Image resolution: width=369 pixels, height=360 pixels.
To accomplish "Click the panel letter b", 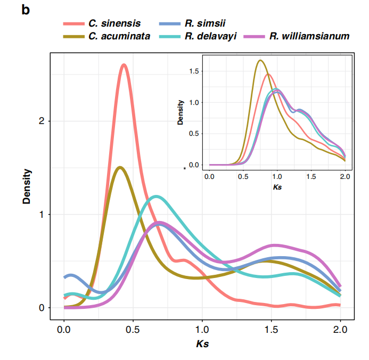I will point(26,9).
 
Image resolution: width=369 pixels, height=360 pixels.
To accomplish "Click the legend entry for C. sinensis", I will point(114,23).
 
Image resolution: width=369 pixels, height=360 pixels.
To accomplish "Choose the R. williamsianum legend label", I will point(309,36).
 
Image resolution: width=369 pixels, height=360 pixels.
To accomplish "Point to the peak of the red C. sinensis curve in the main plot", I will point(124,65).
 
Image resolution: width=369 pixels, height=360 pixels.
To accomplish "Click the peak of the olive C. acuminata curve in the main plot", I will point(120,167).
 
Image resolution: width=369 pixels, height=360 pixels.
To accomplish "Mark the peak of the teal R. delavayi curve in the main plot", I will point(155,197).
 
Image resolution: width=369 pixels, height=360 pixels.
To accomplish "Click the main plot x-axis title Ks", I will point(202,344).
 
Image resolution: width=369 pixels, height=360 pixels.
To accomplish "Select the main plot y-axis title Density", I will point(27,186).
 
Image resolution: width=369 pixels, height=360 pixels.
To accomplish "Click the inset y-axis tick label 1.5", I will point(194,71).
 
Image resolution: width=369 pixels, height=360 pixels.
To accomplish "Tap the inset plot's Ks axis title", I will point(277,187).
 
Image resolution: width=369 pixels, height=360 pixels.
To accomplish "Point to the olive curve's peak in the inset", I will point(260,60).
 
